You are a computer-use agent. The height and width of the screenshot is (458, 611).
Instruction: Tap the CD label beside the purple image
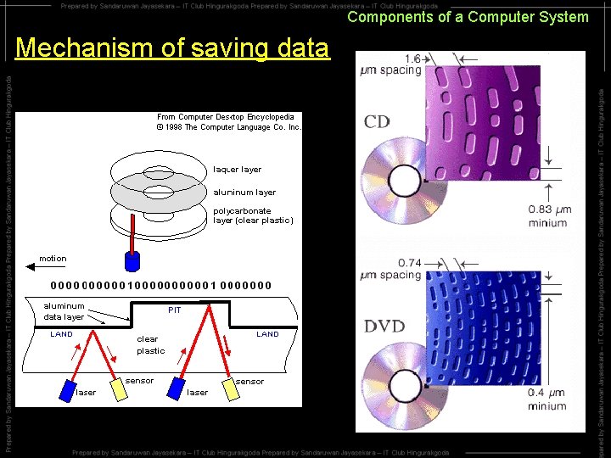click(x=377, y=121)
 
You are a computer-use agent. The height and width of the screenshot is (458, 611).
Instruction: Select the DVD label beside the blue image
click(x=384, y=326)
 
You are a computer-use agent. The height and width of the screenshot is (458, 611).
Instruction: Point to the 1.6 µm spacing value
click(x=390, y=64)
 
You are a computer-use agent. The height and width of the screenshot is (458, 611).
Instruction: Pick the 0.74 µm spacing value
click(x=390, y=269)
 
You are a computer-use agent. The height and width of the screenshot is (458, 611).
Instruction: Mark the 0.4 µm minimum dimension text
click(x=547, y=399)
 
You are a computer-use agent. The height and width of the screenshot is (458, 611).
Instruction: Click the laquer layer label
click(x=238, y=170)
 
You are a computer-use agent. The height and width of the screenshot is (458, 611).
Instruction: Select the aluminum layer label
click(x=244, y=193)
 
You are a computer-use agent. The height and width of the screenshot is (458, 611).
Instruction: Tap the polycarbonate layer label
click(x=253, y=215)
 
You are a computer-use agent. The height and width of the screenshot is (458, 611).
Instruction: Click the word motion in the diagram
click(x=53, y=259)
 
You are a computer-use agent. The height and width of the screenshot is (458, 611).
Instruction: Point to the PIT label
click(x=174, y=310)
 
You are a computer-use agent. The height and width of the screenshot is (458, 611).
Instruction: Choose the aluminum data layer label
click(x=64, y=311)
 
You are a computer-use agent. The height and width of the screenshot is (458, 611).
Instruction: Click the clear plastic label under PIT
click(x=151, y=344)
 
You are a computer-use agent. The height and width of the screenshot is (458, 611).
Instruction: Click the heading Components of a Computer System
click(x=468, y=17)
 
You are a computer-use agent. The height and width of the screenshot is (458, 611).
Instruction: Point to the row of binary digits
click(x=161, y=286)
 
